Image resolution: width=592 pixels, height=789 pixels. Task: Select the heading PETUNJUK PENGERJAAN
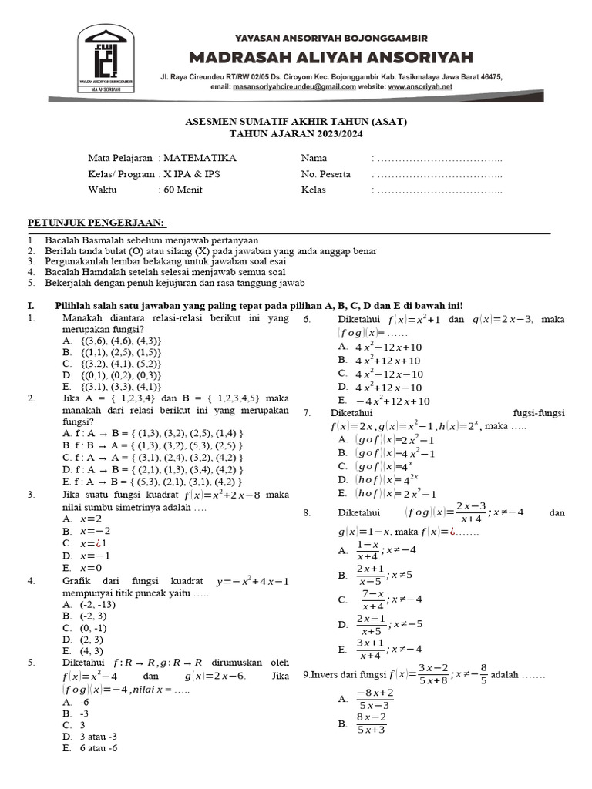[97, 223]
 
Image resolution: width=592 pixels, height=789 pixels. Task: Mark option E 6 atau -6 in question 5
[90, 748]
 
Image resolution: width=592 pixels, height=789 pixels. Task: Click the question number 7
[307, 413]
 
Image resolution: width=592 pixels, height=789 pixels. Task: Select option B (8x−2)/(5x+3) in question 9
[370, 724]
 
